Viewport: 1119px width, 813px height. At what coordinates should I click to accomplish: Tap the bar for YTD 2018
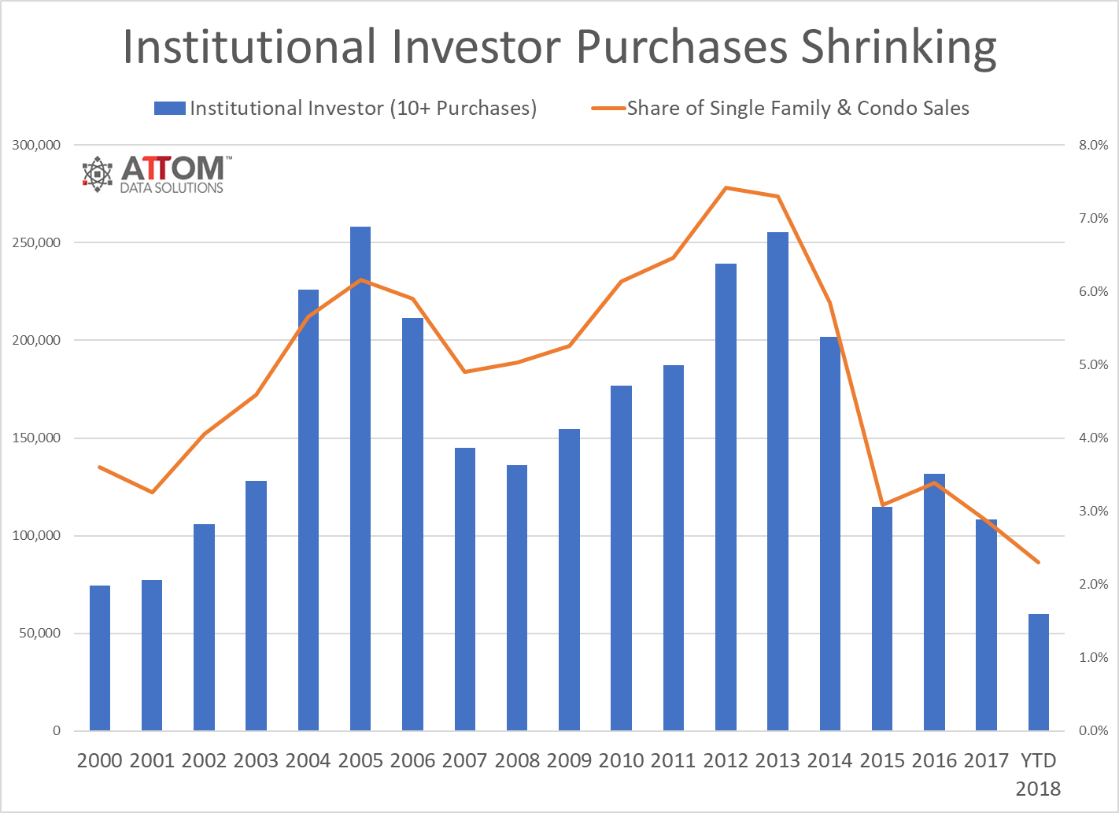click(x=1038, y=672)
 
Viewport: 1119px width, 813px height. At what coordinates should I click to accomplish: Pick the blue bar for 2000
click(x=100, y=658)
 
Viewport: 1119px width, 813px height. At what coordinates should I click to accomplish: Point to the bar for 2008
click(x=517, y=598)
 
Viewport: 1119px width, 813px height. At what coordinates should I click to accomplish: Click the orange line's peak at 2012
click(x=726, y=188)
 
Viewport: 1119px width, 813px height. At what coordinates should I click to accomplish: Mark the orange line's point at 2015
click(x=882, y=504)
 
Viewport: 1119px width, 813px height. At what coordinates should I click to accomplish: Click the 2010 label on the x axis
click(x=621, y=760)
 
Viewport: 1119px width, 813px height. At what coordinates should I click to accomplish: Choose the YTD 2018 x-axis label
click(x=1038, y=774)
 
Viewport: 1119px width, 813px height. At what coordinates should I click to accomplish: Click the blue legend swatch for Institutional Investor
click(x=169, y=109)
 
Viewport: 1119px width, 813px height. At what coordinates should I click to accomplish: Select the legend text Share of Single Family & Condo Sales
click(x=798, y=109)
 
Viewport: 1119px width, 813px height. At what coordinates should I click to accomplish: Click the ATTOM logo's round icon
click(x=98, y=174)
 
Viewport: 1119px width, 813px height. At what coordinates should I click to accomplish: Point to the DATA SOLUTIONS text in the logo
click(x=172, y=188)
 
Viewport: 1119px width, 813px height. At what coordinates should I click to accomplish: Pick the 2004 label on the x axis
click(x=308, y=760)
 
